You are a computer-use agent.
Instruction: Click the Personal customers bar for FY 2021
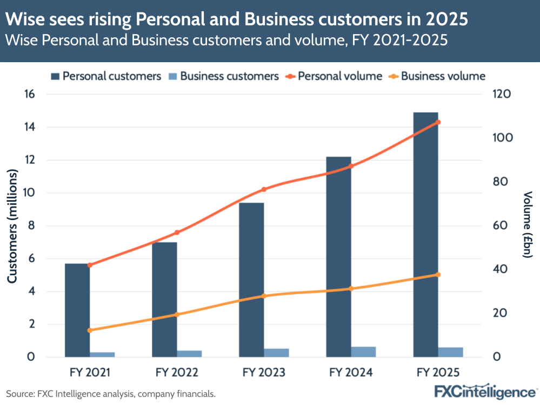point(77,310)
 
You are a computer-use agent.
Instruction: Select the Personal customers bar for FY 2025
point(425,235)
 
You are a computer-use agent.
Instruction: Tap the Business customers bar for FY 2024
point(363,352)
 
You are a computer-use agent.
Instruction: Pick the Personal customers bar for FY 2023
point(251,280)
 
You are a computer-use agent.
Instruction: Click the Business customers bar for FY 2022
point(189,354)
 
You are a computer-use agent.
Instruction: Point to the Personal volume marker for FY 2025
point(438,122)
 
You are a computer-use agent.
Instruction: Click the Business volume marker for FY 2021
point(90,330)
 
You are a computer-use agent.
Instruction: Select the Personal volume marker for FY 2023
point(264,189)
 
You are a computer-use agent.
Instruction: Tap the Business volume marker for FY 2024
point(351,289)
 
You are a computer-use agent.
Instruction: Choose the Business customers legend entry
point(223,76)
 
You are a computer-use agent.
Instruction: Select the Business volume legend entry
point(437,76)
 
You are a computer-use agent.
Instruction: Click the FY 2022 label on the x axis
point(177,373)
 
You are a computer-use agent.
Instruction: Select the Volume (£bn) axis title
point(528,225)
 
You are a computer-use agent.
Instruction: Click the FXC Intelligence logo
point(485,391)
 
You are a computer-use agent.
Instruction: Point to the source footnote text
point(111,394)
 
